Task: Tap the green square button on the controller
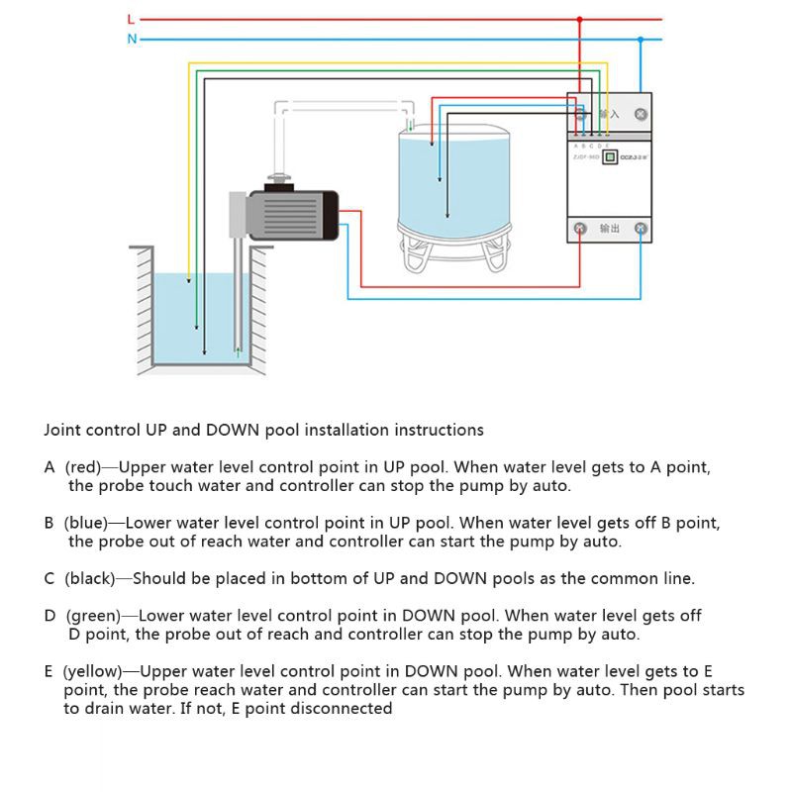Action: [x=611, y=156]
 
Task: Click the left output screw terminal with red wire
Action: [x=580, y=230]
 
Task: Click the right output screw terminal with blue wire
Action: [x=642, y=230]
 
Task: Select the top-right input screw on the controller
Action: [x=642, y=115]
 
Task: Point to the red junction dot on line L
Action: [x=580, y=19]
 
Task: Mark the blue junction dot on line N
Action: [x=642, y=40]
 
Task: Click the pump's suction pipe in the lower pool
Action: [x=239, y=297]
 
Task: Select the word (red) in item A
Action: [x=83, y=467]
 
